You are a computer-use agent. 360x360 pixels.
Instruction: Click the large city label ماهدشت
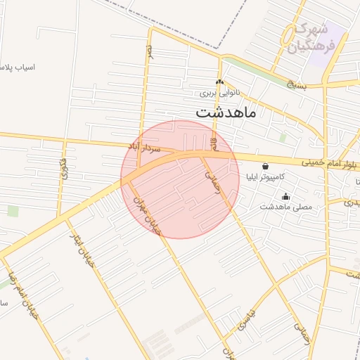pyautogui.click(x=226, y=111)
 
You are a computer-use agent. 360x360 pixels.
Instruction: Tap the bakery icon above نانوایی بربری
pyautogui.click(x=220, y=82)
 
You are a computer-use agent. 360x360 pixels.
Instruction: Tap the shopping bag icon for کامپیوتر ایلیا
pyautogui.click(x=264, y=167)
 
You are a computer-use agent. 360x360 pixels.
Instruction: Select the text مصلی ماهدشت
pyautogui.click(x=285, y=207)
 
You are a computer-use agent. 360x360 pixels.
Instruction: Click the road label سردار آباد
pyautogui.click(x=145, y=148)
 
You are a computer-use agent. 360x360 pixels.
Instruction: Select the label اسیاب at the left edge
pyautogui.click(x=21, y=68)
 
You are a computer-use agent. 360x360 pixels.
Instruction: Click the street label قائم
pyautogui.click(x=214, y=144)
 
